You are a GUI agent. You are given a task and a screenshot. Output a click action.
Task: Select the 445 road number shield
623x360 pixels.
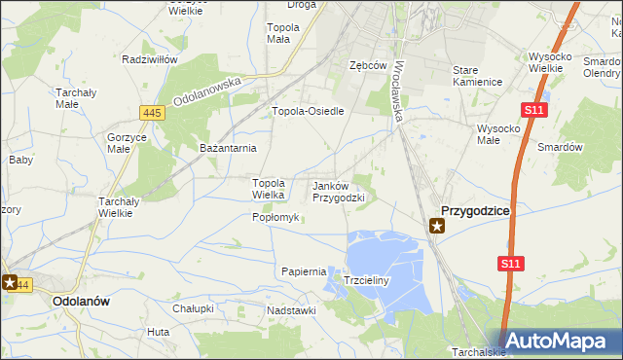click(151, 113)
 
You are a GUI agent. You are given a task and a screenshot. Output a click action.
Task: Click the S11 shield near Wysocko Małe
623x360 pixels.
click(533, 111)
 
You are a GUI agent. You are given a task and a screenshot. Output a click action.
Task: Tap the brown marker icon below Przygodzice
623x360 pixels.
click(438, 227)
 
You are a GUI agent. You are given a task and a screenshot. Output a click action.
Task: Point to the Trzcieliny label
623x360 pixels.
click(367, 280)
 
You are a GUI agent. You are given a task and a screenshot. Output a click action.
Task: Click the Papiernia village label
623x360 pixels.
click(303, 271)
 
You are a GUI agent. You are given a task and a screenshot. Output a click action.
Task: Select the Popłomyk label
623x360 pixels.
click(275, 217)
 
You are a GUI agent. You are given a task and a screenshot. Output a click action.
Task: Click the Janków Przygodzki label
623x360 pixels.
click(338, 191)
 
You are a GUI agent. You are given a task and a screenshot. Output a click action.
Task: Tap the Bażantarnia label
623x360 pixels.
click(227, 148)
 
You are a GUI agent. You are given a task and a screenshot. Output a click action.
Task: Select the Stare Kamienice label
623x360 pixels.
click(477, 76)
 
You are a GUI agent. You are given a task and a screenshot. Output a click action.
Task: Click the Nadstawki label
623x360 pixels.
click(295, 310)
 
